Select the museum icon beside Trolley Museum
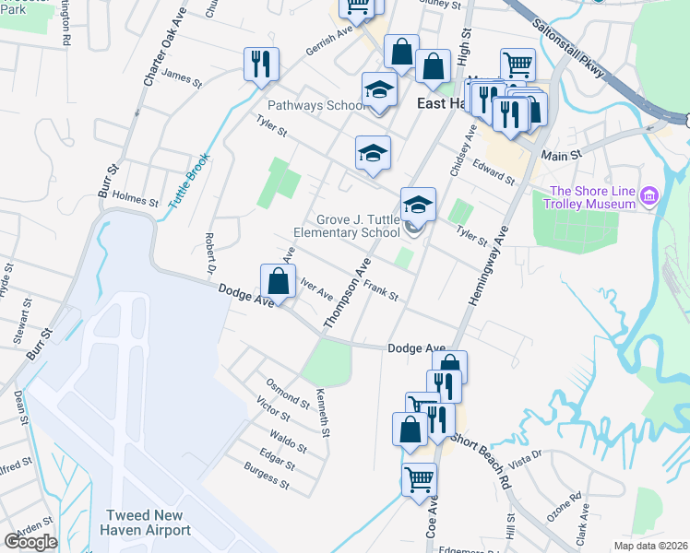tap(649, 195)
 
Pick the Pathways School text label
tap(315, 105)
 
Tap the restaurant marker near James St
tap(260, 65)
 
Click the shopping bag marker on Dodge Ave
tap(278, 283)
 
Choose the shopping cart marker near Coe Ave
tap(419, 479)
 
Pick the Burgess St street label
tap(267, 477)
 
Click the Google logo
tap(30, 542)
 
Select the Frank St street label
tap(380, 291)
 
